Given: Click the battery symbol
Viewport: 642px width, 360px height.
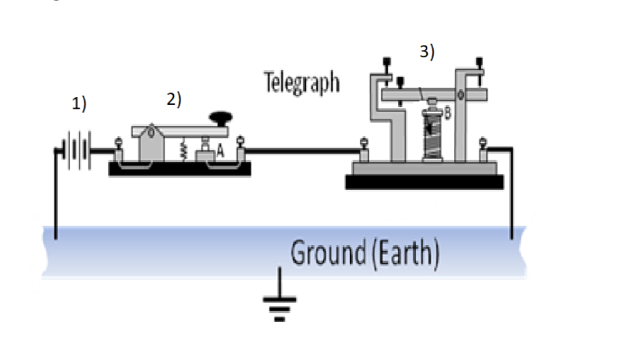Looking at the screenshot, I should (78, 152).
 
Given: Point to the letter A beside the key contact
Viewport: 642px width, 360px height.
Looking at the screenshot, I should (221, 151).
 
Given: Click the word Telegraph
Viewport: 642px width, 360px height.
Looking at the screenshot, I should (302, 84).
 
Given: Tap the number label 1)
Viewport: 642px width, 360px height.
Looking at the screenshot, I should (79, 104).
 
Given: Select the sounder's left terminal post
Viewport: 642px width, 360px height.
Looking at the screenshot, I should (363, 150).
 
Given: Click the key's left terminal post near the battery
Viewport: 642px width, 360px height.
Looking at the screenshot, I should (119, 149).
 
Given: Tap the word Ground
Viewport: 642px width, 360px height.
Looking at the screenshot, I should (328, 254).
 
